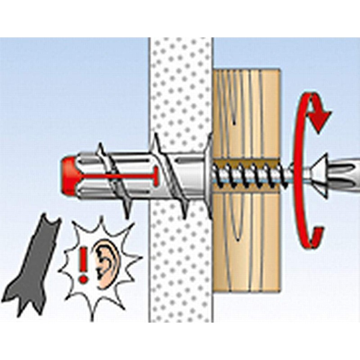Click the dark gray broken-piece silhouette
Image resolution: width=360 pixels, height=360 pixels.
tap(38, 265)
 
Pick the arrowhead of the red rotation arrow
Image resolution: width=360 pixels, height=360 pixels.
tap(320, 121)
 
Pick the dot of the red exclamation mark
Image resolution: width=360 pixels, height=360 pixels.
tap(82, 279)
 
